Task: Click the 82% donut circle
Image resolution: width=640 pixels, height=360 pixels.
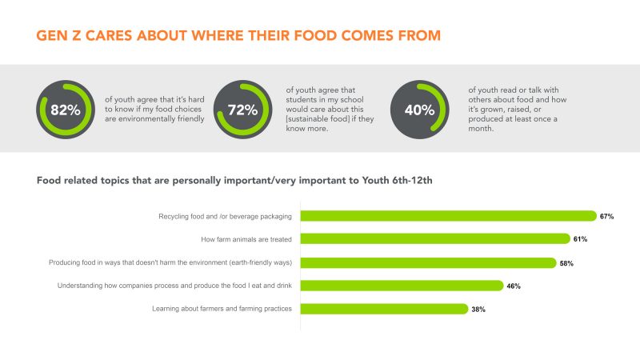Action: click(66, 110)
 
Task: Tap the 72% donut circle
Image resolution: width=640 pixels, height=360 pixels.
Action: click(244, 110)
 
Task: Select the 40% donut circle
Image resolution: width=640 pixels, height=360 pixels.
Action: click(418, 110)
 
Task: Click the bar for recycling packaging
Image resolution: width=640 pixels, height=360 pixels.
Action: click(448, 216)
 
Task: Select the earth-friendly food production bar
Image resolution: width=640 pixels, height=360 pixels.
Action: click(428, 262)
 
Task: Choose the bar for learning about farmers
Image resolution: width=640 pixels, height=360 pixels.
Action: click(384, 309)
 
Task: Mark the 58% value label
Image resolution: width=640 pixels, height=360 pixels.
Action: click(566, 263)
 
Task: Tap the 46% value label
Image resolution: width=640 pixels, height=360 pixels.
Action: click(514, 286)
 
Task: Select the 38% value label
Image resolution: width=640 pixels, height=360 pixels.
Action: click(478, 310)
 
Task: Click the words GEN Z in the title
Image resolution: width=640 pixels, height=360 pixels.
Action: click(64, 36)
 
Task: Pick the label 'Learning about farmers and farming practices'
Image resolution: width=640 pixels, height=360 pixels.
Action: click(222, 309)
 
